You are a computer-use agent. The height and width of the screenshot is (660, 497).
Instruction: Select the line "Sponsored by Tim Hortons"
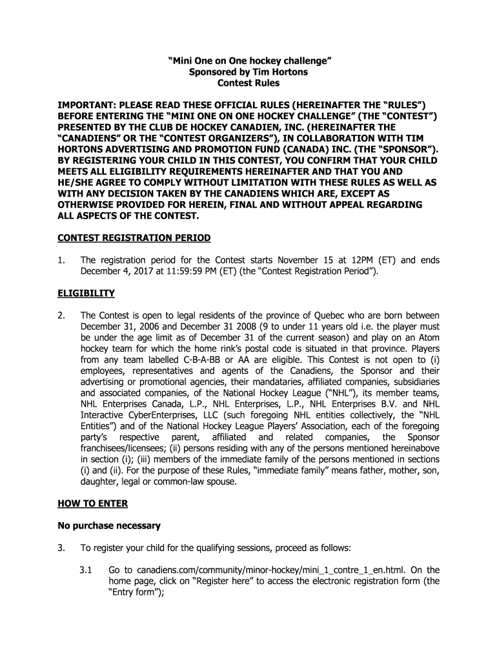249,72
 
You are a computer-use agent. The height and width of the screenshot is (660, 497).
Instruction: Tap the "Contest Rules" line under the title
249,83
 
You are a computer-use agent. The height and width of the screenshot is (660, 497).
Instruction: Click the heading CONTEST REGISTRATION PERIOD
134,238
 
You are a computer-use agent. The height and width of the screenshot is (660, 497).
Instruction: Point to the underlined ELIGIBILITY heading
86,293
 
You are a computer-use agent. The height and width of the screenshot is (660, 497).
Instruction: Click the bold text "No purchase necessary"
109,525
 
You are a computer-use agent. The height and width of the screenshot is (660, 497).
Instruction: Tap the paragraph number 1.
61,260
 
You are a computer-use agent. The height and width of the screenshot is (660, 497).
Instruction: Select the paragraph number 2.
61,316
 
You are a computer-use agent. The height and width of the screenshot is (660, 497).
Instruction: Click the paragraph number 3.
61,548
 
